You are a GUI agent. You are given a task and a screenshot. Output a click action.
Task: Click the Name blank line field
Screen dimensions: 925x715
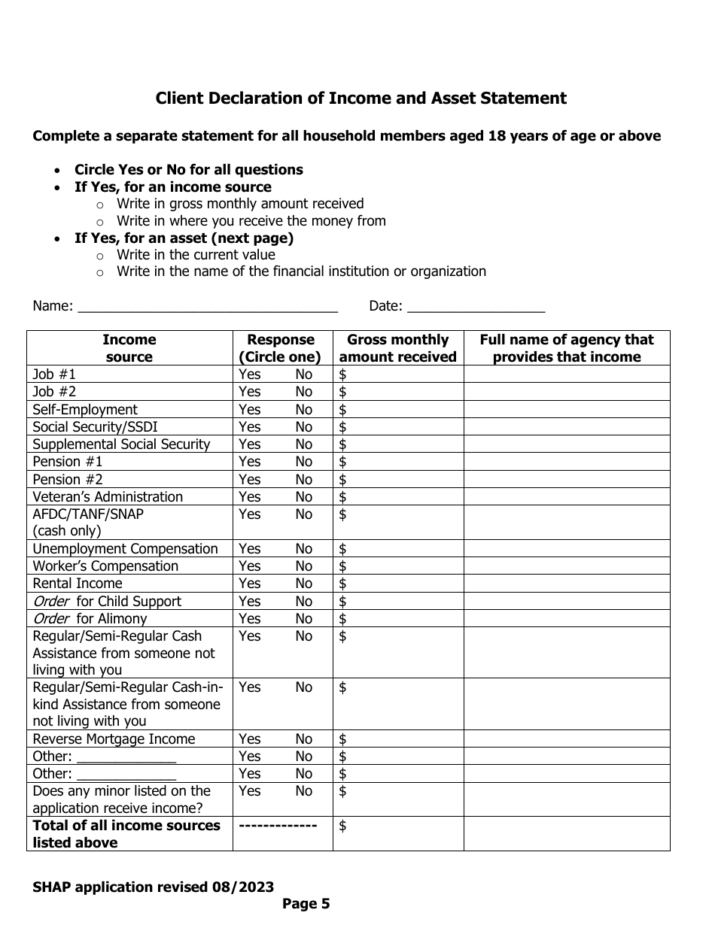pos(208,307)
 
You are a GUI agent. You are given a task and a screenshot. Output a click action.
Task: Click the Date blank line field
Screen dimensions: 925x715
pos(475,307)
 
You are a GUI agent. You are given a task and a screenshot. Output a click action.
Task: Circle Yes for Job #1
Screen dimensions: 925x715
pos(250,375)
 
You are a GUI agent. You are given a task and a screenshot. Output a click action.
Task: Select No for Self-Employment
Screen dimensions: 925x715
pos(303,410)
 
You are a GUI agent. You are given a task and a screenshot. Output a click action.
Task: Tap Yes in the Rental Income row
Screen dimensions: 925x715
pos(250,584)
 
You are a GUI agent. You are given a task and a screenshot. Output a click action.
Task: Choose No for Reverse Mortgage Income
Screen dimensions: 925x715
pos(303,739)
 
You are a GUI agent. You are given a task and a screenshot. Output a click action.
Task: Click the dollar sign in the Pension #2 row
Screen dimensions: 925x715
pos(343,480)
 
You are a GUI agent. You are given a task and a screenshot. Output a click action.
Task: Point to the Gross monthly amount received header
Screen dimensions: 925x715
pos(397,348)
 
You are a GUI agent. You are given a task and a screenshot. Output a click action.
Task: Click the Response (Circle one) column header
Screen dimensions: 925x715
pos(281,348)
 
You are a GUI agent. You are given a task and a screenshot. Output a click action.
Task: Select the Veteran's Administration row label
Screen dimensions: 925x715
pos(108,497)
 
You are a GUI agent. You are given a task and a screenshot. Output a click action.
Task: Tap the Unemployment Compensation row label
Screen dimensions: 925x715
pos(125,549)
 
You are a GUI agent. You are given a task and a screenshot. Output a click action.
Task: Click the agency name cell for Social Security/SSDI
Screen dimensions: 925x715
pos(566,427)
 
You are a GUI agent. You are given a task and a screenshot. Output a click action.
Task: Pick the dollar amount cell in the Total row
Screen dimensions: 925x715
pos(397,834)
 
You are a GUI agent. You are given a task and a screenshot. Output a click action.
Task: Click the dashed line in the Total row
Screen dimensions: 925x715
pos(277,826)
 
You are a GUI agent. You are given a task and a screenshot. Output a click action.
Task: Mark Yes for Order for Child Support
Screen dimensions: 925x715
pos(250,602)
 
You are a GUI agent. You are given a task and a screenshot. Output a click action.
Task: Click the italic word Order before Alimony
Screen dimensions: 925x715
pos(50,619)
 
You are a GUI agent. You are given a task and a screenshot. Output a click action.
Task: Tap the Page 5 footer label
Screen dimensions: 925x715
pos(306,904)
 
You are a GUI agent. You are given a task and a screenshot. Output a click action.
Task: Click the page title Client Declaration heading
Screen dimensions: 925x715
pos(361,99)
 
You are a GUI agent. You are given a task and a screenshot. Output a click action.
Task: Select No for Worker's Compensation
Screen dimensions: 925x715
pos(303,566)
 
